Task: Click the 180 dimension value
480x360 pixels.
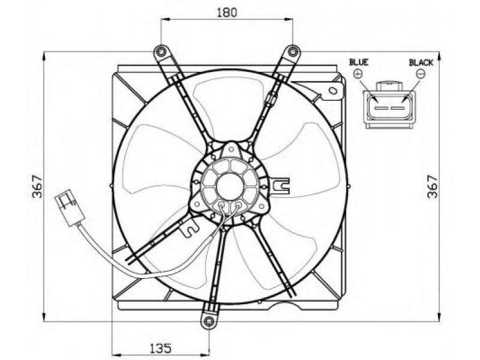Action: [227, 13]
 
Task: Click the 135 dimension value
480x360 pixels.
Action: [160, 348]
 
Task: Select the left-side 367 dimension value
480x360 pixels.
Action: [37, 186]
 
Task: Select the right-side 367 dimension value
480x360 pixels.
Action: [432, 186]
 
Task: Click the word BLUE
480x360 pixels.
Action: [359, 62]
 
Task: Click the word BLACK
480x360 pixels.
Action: [421, 63]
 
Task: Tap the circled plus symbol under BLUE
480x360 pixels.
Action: [358, 74]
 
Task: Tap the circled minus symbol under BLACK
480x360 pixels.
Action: [421, 74]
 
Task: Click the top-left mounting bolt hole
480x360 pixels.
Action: [160, 52]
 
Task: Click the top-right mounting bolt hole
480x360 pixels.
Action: [293, 52]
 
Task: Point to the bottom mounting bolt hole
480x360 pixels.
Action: [209, 322]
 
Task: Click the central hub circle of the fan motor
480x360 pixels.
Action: [229, 186]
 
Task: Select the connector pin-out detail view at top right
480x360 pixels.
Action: [389, 104]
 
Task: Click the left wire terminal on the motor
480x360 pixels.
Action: [222, 205]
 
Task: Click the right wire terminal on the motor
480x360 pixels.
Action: [238, 205]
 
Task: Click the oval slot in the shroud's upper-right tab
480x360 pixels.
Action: [333, 91]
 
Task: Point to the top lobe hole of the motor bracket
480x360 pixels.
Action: [232, 149]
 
